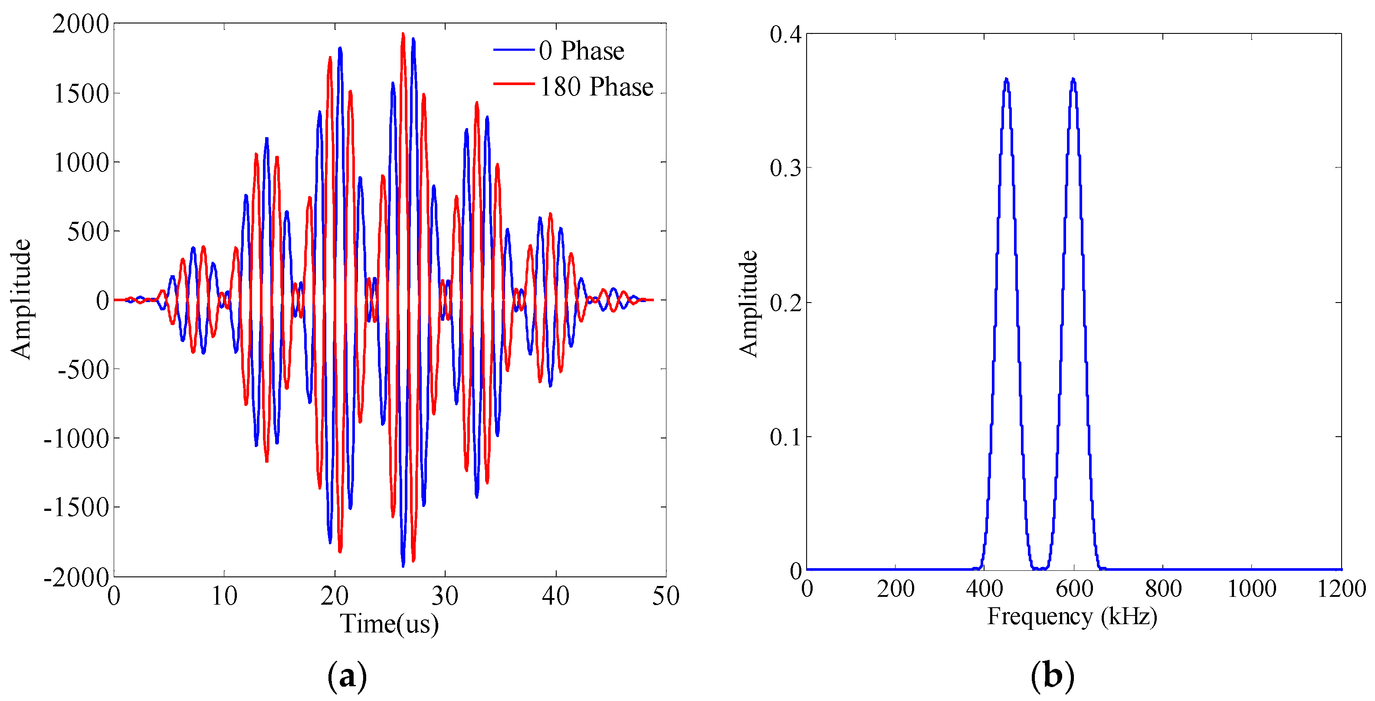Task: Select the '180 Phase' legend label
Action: (x=596, y=87)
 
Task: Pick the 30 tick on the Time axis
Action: (x=445, y=596)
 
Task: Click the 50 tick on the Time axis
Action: (x=666, y=596)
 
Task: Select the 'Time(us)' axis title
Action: (x=390, y=624)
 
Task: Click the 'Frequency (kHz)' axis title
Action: (x=1072, y=617)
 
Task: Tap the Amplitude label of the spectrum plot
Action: (x=748, y=303)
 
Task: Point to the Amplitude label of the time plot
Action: (x=21, y=299)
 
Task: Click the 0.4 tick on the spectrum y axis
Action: (x=786, y=35)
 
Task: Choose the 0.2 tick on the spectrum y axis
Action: (x=786, y=303)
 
